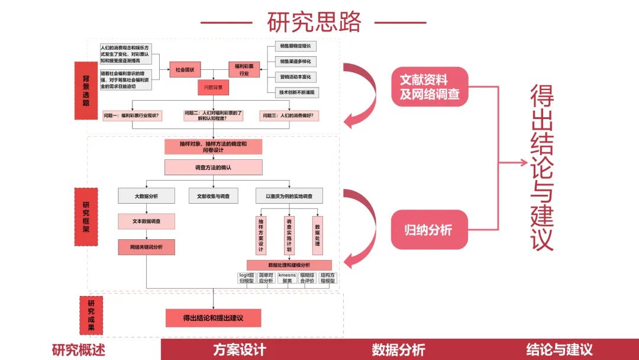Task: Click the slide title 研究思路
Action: tap(314, 22)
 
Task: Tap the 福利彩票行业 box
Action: tap(244, 70)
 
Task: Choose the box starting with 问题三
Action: tap(290, 115)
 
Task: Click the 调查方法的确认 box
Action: tap(213, 168)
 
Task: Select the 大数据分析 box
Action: tap(146, 196)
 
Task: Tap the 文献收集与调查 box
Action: tap(213, 196)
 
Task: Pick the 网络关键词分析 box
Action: tap(146, 247)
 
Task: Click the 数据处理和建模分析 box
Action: tap(289, 265)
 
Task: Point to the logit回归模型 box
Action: tap(246, 278)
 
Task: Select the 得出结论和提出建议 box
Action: tap(213, 318)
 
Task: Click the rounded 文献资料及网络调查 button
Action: tap(430, 87)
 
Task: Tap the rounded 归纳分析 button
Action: tap(430, 229)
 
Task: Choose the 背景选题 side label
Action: tap(86, 90)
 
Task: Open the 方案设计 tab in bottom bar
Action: tap(240, 350)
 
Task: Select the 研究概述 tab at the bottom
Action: tap(80, 350)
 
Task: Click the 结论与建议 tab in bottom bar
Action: tap(559, 350)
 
